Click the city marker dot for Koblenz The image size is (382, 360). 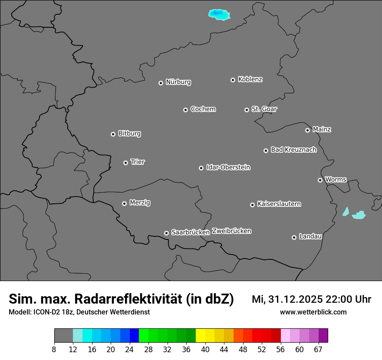233,80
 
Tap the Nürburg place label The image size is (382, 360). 178,82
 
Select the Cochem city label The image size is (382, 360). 203,109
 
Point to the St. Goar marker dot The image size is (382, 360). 247,110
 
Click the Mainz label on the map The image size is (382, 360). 322,129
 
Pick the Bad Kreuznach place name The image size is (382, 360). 293,150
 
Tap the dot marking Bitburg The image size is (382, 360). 113,134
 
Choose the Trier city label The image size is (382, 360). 138,162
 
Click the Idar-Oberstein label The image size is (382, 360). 228,167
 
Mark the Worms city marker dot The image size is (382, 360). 320,180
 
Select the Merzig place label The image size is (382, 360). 140,203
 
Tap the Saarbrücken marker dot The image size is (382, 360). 166,233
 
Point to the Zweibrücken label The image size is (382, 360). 231,231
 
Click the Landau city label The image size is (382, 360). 311,236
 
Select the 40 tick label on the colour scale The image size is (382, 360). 205,350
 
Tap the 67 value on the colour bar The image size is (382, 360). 318,350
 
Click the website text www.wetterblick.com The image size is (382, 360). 313,312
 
